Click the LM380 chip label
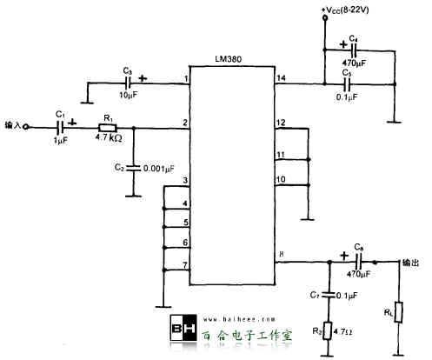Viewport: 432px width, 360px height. [x=230, y=58]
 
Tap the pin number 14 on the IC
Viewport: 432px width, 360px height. [x=281, y=78]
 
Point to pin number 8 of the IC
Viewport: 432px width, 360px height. [x=281, y=254]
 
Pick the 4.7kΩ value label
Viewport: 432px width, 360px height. [x=109, y=138]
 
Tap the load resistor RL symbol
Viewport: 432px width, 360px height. [x=397, y=310]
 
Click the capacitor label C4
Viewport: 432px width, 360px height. [x=353, y=38]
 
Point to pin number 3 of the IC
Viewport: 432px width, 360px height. [x=186, y=182]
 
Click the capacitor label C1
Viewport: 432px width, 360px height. [x=59, y=113]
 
